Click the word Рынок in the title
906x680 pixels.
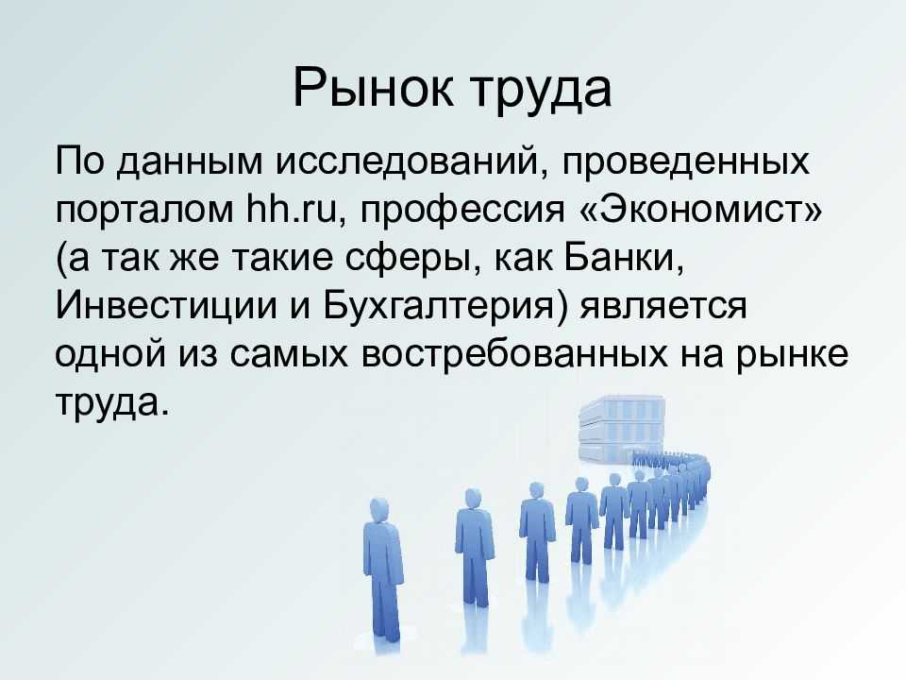tap(374, 89)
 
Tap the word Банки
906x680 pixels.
tap(625, 258)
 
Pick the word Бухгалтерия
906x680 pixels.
tap(444, 308)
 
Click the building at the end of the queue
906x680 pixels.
tap(620, 429)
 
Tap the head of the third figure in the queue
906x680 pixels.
tap(537, 489)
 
